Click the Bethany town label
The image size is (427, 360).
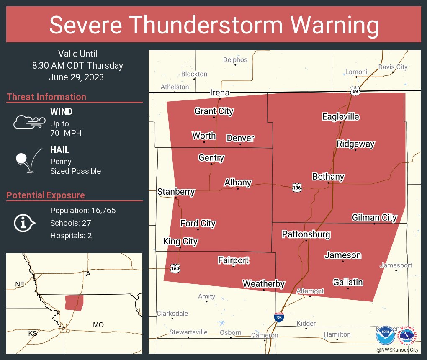(328, 177)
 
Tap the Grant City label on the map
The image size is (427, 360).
(214, 111)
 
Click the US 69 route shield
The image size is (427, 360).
(355, 91)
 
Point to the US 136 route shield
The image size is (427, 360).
(297, 188)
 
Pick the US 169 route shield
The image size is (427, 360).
(175, 268)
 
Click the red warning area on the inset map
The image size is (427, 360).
(74, 302)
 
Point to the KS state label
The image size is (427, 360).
(33, 333)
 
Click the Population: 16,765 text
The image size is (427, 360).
(83, 210)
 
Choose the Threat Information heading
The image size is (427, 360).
(46, 97)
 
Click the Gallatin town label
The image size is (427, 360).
(348, 282)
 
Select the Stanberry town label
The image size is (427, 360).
(176, 192)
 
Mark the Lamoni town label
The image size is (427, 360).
(356, 72)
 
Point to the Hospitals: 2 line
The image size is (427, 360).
(71, 235)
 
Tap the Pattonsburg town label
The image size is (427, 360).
(306, 234)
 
